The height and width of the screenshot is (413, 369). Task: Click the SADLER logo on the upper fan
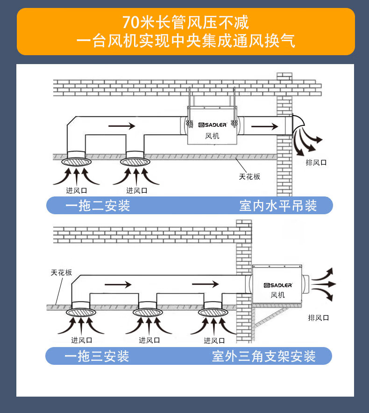213,125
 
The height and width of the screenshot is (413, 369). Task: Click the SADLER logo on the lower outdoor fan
278,285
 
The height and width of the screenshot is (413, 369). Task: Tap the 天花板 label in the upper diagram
249,176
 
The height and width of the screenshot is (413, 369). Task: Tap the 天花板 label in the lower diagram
62,272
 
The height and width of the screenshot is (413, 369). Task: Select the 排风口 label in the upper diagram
316,162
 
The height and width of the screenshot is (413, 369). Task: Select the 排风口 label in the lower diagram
319,318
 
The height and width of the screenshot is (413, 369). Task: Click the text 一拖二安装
98,206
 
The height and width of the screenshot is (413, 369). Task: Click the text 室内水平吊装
278,206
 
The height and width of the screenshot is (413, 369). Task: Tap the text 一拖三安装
97,356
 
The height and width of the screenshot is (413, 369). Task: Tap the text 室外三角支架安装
264,356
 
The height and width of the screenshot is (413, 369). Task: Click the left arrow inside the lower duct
119,284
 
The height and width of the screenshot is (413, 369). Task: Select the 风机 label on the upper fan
212,136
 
